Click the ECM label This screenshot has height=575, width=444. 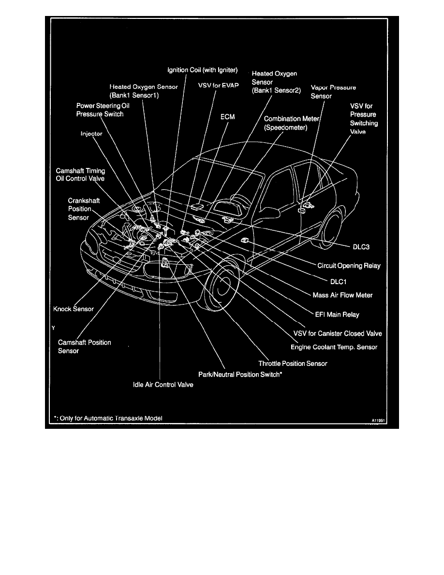pos(227,117)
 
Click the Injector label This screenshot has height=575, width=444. pos(91,134)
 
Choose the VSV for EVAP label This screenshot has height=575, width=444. pos(219,85)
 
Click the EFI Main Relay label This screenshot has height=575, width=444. pos(337,315)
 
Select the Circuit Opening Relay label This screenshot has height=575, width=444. pos(349,266)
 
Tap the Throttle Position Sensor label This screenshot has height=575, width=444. pos(293,363)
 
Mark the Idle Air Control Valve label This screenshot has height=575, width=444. pos(163,385)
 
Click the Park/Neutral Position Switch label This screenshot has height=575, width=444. pos(240,374)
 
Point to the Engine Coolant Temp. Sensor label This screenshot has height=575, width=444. pos(334,347)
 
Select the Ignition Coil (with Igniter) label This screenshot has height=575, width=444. pos(203,70)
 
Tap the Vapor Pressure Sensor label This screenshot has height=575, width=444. pos(333,91)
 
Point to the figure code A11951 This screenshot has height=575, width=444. pos(380,421)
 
